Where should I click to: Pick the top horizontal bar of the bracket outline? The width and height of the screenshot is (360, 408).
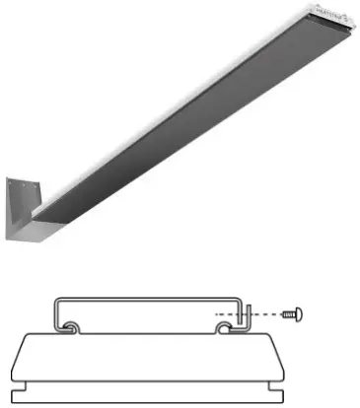[148, 296]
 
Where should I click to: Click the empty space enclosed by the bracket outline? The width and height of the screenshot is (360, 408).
[148, 313]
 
